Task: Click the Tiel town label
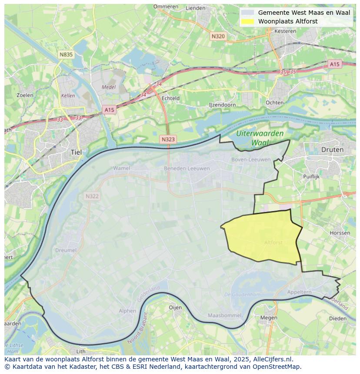[x=76, y=152]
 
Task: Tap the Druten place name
[x=332, y=149]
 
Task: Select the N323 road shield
[x=168, y=139]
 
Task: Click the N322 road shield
[x=92, y=196]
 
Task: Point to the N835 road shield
[x=66, y=54]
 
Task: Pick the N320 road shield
[x=218, y=36]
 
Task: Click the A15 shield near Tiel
[x=109, y=110]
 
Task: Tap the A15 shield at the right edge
[x=334, y=64]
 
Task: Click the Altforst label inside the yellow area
[x=273, y=242]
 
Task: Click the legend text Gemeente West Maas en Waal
[x=304, y=13]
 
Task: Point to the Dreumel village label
[x=66, y=250]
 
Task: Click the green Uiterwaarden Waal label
[x=260, y=138]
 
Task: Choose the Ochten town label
[x=274, y=103]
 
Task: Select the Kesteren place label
[x=285, y=31]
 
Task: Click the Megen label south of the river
[x=268, y=318]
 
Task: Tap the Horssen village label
[x=340, y=233]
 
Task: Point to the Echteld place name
[x=170, y=98]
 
